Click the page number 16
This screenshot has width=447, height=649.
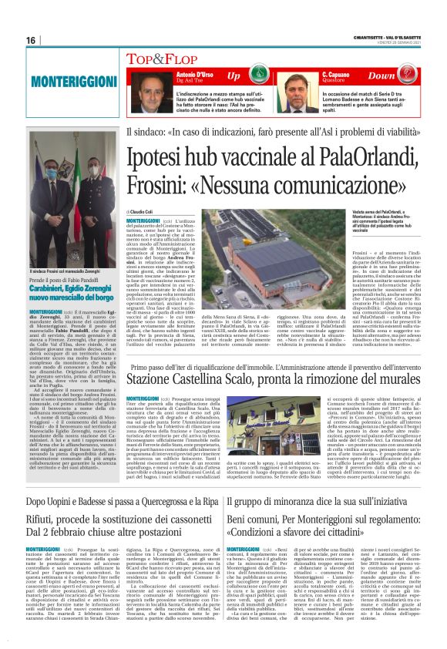click(32, 40)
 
